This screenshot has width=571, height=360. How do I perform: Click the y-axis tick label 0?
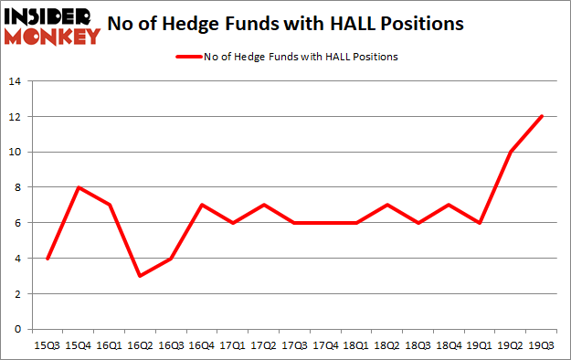click(x=17, y=329)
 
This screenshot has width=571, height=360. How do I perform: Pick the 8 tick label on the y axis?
click(x=17, y=187)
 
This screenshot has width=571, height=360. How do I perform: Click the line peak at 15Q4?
click(x=79, y=187)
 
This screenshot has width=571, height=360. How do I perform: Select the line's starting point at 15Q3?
click(x=48, y=259)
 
